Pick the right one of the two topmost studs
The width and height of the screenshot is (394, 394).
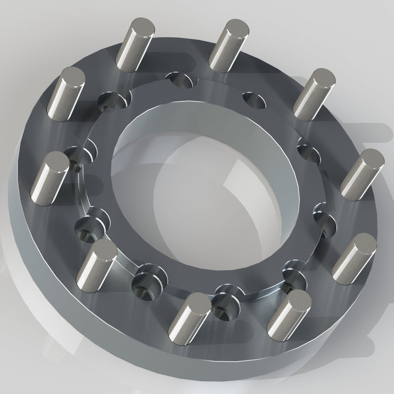[x=236, y=29]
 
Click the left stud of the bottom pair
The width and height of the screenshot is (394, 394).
[x=197, y=302]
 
